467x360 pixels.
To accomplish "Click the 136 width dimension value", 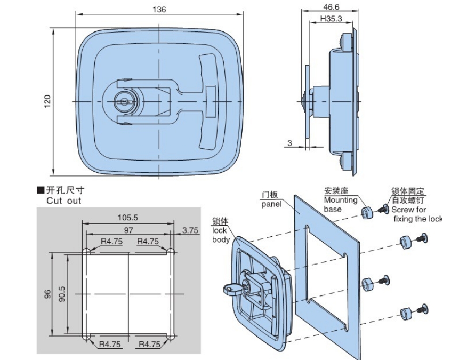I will pos(159,10).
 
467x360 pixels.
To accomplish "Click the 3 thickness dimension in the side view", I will pos(289,142).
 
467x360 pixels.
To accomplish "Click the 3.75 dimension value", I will pos(190,230).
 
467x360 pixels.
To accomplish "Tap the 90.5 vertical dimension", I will pos(62,292).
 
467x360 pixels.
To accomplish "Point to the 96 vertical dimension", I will pos(47,294).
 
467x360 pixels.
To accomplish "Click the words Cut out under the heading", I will pos(63,201).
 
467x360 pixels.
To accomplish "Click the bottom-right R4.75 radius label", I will pos(149,345).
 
